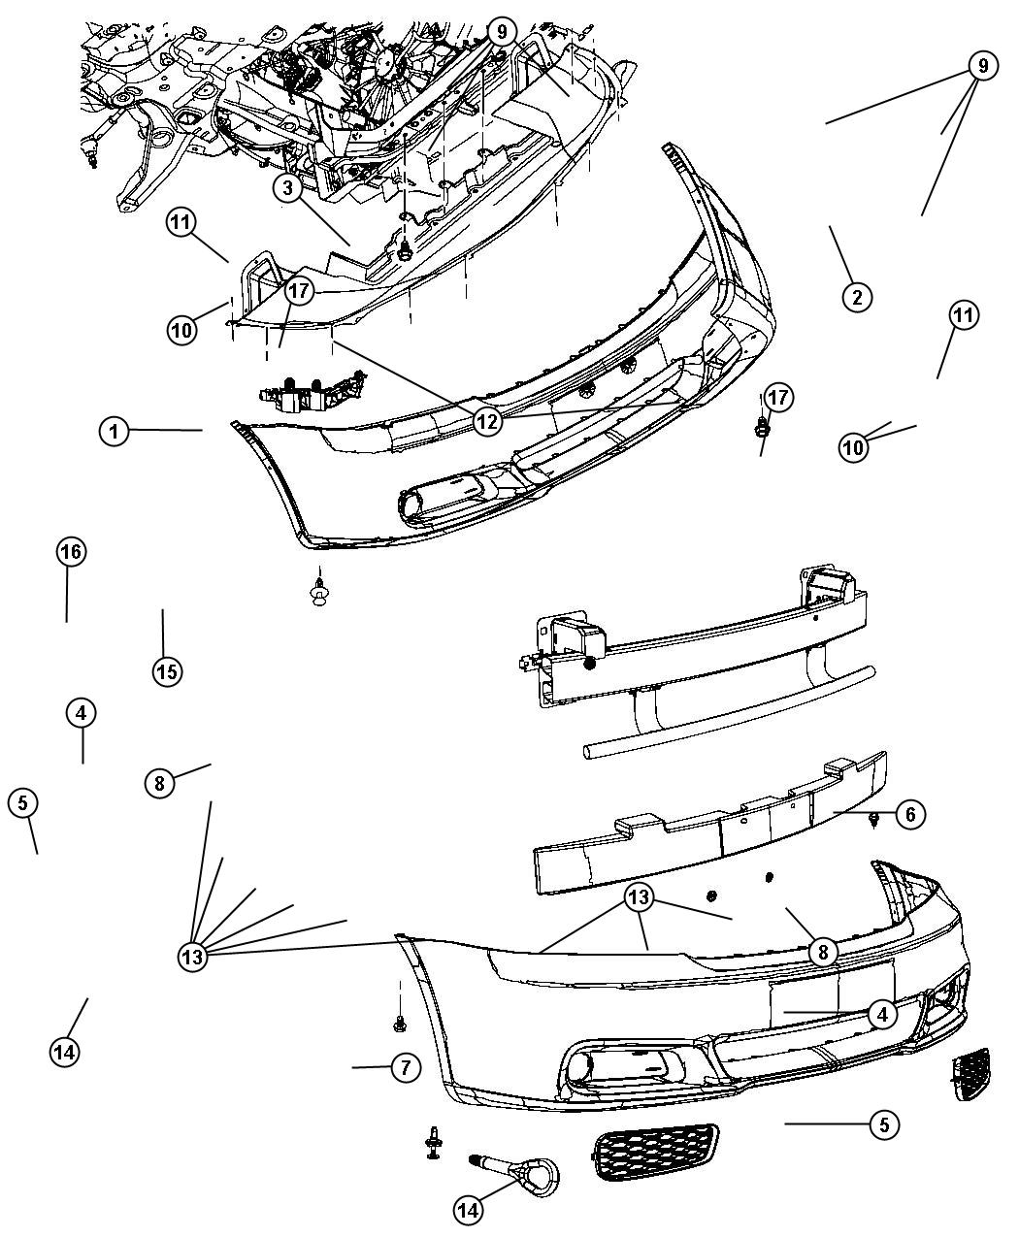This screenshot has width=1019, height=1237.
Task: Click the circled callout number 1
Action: [x=115, y=431]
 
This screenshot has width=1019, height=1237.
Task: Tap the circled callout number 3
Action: [x=288, y=188]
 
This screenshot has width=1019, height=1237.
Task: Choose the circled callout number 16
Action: [x=69, y=552]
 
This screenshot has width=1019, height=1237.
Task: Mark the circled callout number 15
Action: [x=167, y=670]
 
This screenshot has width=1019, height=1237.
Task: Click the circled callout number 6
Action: [x=909, y=815]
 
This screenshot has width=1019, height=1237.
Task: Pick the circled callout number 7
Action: [x=405, y=1068]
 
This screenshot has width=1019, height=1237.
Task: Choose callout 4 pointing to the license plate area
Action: [x=880, y=1016]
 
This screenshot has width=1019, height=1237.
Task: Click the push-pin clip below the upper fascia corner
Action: [x=317, y=589]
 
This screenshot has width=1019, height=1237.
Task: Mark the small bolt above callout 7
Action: [x=399, y=1023]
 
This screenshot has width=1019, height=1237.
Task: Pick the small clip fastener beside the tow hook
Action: [x=432, y=1142]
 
